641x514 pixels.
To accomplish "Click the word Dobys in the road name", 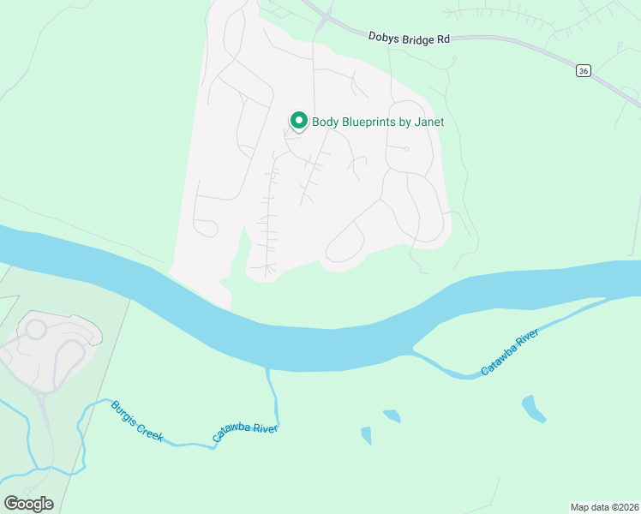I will click(x=383, y=38).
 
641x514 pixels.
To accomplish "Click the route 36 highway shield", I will click(x=583, y=71).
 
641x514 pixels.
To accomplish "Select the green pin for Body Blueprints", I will click(x=298, y=121).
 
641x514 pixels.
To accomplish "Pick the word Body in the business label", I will click(x=325, y=122).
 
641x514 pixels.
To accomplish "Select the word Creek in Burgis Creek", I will click(x=150, y=433).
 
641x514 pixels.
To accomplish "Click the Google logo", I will click(x=28, y=503).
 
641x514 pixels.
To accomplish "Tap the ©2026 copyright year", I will click(x=625, y=506).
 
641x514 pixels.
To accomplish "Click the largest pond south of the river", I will click(x=533, y=408).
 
